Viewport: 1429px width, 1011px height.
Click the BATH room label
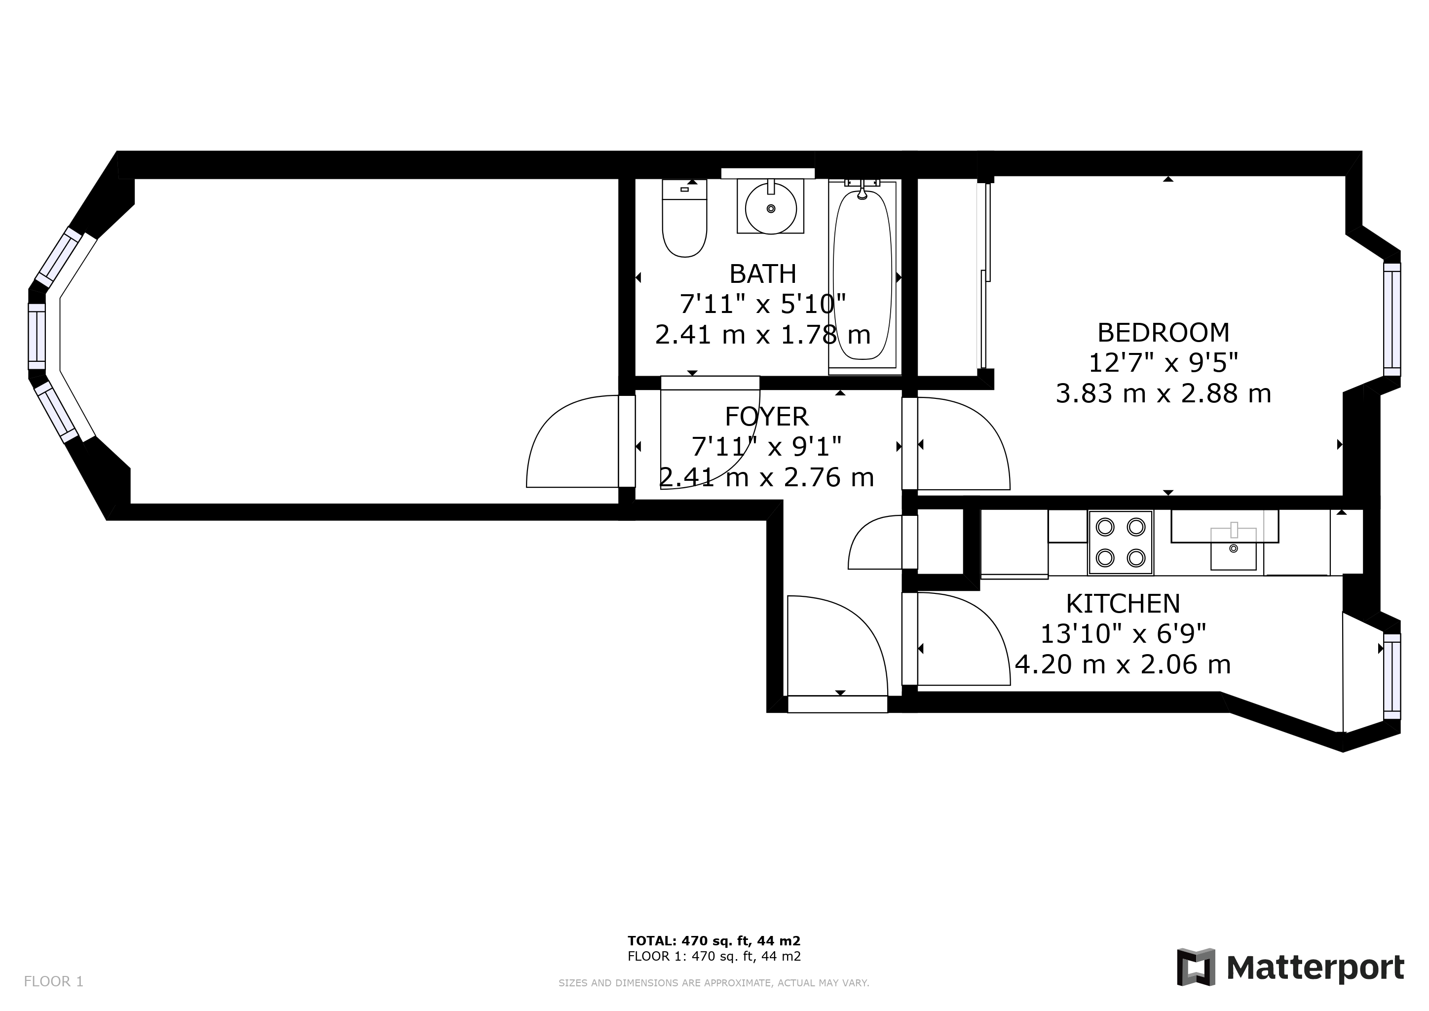(762, 274)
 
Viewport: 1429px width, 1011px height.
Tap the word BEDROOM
(1163, 333)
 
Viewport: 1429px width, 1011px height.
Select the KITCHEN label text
(1123, 604)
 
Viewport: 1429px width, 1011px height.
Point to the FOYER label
(766, 417)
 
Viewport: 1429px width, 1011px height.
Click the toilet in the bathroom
(684, 218)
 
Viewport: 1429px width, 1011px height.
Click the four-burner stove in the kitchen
(1120, 542)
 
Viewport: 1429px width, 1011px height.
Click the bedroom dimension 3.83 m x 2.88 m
(1163, 394)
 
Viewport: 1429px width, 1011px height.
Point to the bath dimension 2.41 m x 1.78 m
(762, 335)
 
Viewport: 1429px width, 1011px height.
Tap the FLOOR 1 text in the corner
(53, 982)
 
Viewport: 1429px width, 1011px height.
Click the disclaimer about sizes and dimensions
(714, 983)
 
